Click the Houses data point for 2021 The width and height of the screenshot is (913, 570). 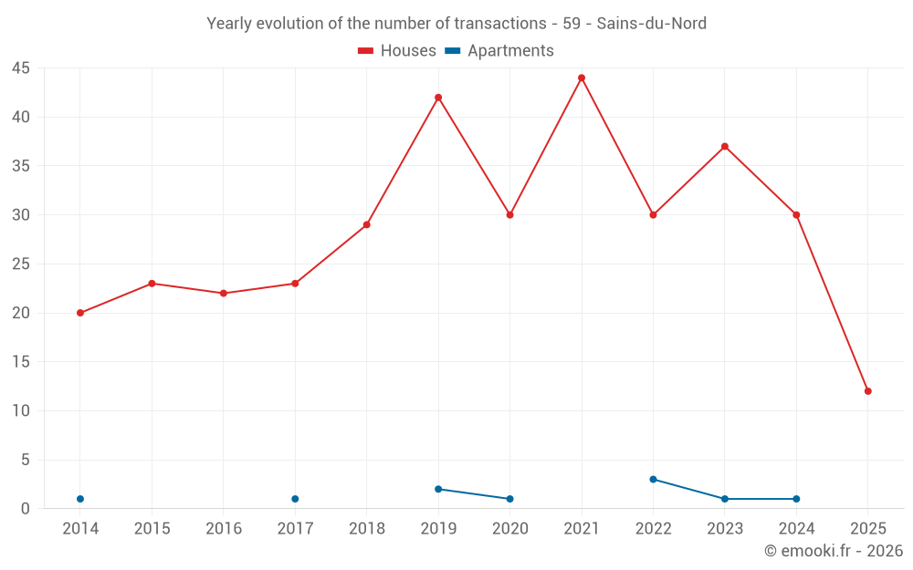[x=582, y=78]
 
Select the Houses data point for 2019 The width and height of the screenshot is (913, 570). [x=438, y=98]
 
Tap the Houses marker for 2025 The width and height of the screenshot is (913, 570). [x=868, y=391]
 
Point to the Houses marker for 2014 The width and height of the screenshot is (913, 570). [x=80, y=313]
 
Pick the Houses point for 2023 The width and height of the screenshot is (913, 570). [x=725, y=146]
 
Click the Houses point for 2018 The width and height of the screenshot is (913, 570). [x=367, y=224]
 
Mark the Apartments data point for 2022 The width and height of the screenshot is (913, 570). [x=653, y=479]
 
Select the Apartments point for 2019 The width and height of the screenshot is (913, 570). [x=438, y=489]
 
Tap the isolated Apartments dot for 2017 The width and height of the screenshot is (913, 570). [x=295, y=499]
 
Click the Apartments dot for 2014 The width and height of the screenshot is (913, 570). [x=80, y=499]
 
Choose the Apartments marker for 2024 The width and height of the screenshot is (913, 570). [x=796, y=499]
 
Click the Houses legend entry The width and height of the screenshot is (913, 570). [x=397, y=51]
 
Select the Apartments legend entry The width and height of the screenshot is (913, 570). [x=499, y=51]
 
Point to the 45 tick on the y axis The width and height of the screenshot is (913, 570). [x=20, y=68]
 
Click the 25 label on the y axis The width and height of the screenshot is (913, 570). [x=20, y=264]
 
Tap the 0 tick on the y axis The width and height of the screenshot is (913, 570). [x=26, y=509]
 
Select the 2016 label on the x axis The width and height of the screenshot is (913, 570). [x=224, y=529]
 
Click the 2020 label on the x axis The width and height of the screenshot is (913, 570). [x=509, y=529]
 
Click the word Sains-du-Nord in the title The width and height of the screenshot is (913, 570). [x=651, y=24]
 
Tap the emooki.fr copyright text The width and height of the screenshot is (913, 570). [x=834, y=551]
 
